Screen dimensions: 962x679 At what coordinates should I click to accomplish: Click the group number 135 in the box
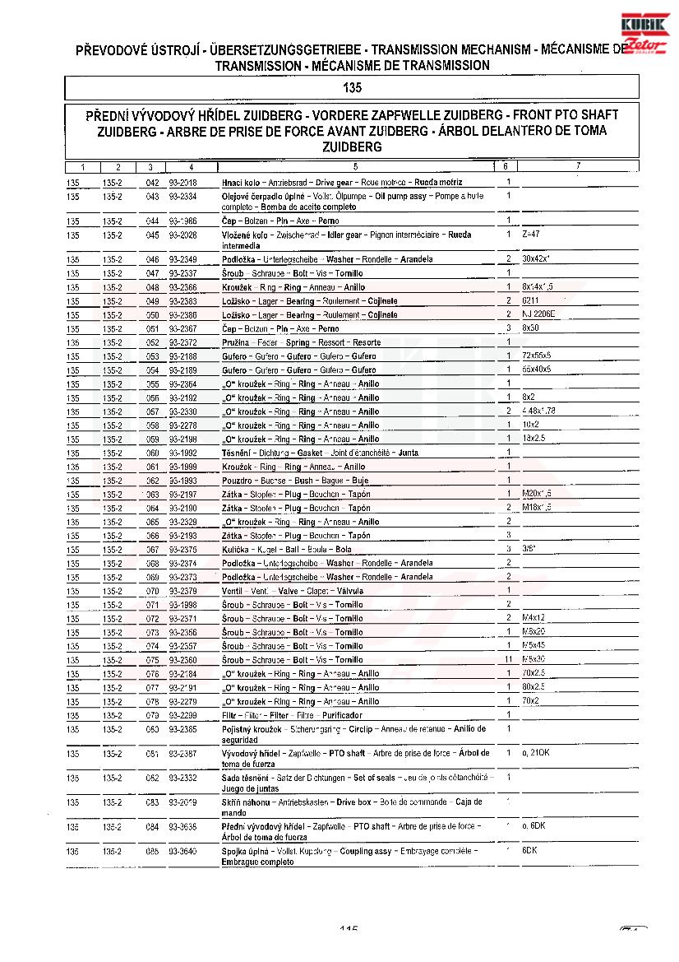pos(351,87)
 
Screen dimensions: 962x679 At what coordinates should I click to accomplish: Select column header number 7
pos(578,166)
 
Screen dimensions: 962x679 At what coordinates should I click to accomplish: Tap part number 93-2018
pos(182,182)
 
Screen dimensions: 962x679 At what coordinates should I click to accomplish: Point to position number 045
pos(152,235)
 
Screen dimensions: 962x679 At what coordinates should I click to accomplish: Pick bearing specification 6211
pos(531,300)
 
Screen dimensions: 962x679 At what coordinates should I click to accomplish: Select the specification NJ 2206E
pos(538,314)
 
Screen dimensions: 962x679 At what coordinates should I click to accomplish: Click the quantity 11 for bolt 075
pos(508,660)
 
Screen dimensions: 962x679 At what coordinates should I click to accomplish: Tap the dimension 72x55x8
pos(537,356)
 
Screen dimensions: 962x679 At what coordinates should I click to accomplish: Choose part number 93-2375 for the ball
pos(182,549)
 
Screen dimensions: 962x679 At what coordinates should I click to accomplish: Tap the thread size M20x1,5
pos(537,494)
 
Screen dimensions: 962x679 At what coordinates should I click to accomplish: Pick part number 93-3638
pos(182,826)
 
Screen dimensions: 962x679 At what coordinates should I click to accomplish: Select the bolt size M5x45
pos(534,646)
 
